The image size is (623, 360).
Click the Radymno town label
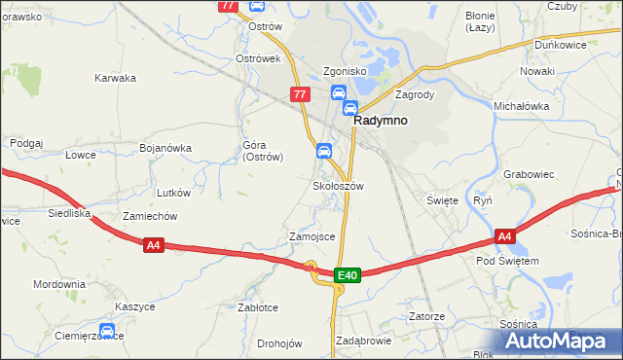point(380,122)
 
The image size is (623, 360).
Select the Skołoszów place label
point(338,185)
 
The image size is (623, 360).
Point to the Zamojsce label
point(311,236)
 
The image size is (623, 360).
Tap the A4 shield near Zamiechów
point(153,245)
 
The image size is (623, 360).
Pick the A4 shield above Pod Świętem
point(504,236)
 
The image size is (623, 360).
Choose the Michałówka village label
point(522,106)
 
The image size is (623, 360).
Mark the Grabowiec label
point(529,175)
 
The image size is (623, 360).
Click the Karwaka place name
point(114,78)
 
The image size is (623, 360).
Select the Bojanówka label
point(165,149)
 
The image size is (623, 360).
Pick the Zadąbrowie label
point(362,342)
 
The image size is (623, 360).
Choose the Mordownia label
point(58,285)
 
